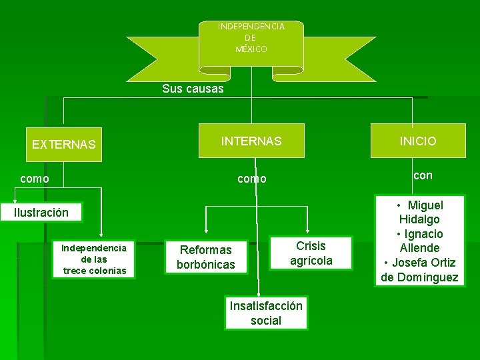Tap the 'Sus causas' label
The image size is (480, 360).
click(193, 89)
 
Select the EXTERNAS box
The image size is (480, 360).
click(64, 144)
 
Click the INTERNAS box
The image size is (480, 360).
click(251, 141)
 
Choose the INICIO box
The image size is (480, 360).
click(418, 141)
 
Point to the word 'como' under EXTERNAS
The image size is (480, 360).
click(34, 179)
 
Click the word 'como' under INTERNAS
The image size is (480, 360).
click(252, 179)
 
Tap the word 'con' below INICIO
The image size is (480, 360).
click(423, 175)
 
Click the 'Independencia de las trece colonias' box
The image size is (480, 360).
click(94, 259)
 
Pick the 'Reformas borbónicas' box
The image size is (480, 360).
click(205, 257)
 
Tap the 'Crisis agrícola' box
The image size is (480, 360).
click(311, 253)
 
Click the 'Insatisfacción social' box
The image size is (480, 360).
click(266, 313)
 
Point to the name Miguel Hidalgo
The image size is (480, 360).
click(421, 212)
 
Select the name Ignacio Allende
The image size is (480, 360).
click(420, 241)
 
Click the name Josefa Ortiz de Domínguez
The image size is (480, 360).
click(420, 270)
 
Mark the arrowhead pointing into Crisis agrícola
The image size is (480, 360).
click(309, 233)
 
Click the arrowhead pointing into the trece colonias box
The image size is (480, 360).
click(101, 234)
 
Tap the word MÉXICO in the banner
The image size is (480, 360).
click(251, 49)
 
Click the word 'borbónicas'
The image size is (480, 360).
click(205, 265)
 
